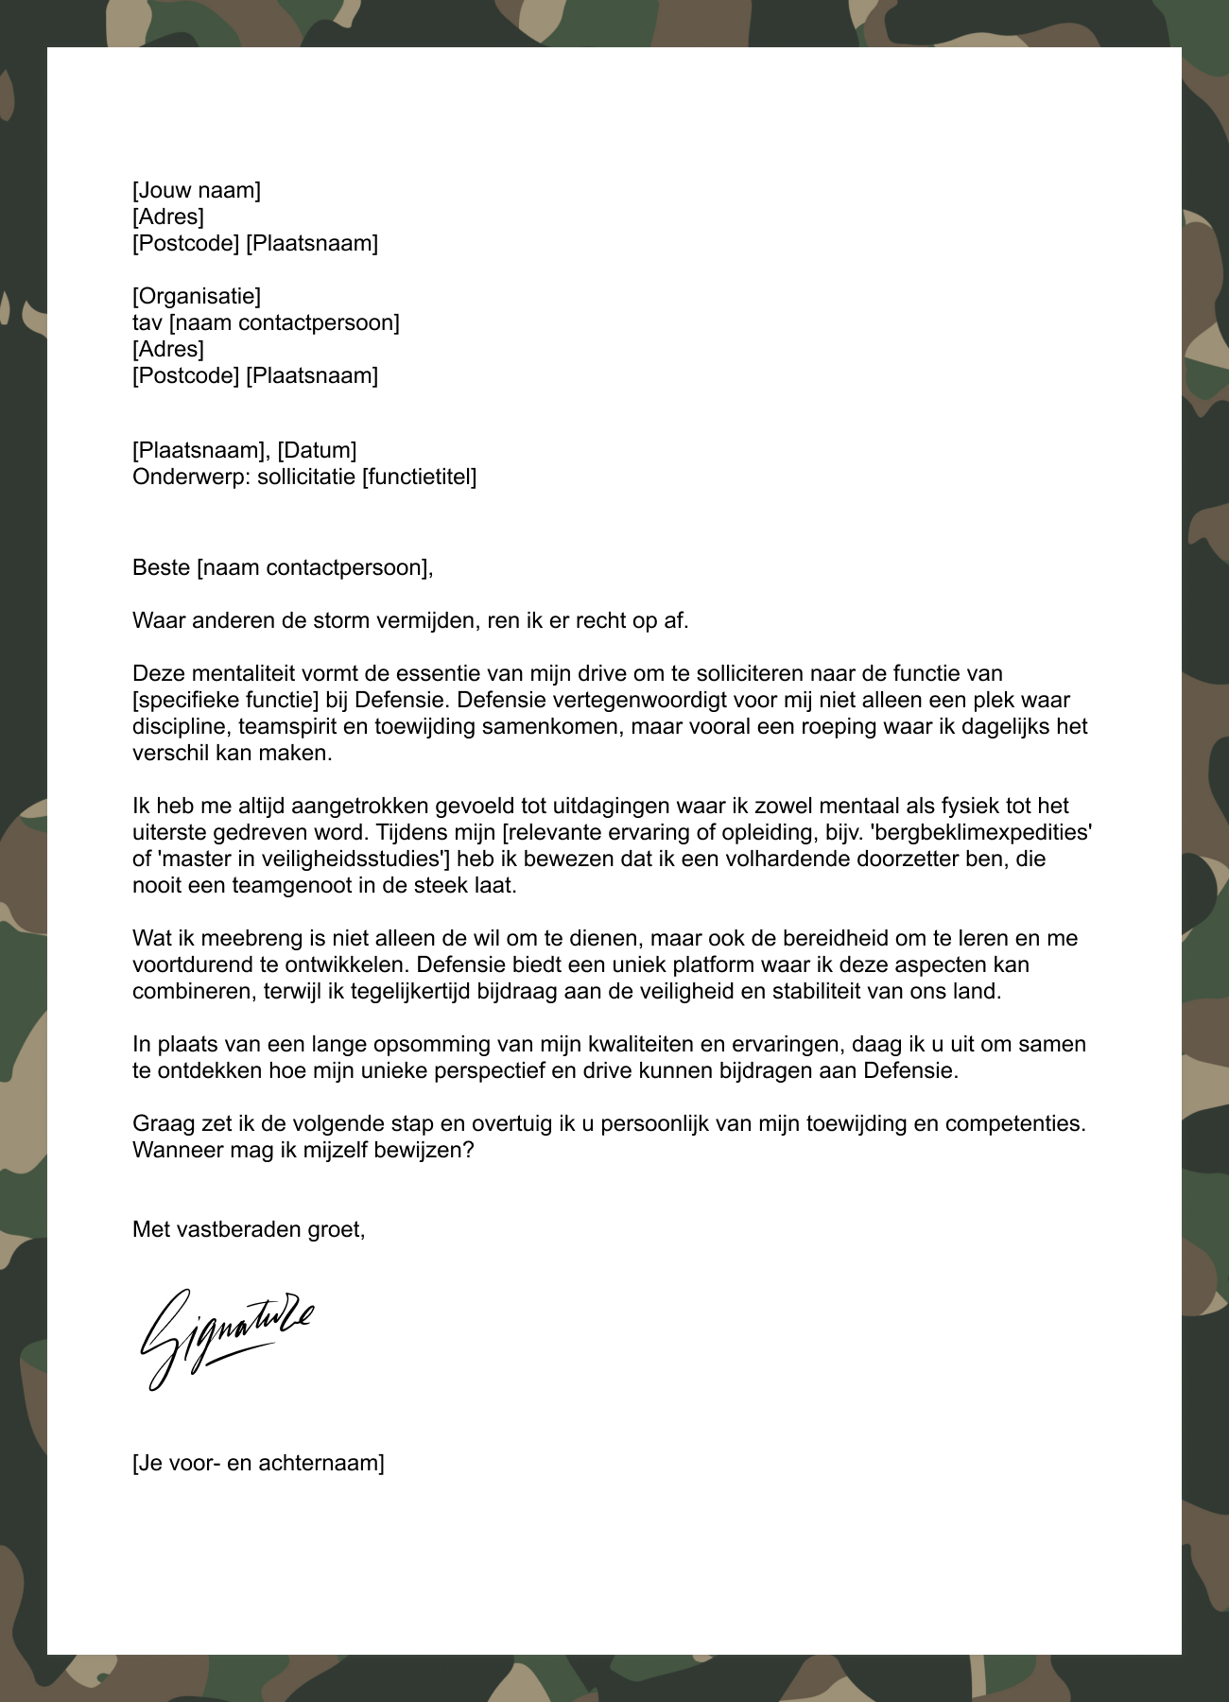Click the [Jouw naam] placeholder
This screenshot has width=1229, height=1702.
point(197,190)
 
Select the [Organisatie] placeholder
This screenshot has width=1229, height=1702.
point(197,296)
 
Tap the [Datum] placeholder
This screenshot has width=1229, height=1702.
point(317,450)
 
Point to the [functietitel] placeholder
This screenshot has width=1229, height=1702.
point(420,477)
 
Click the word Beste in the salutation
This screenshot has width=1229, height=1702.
point(161,567)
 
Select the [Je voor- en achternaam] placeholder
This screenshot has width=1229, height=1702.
point(258,1464)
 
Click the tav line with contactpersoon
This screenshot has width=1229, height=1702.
point(266,322)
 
